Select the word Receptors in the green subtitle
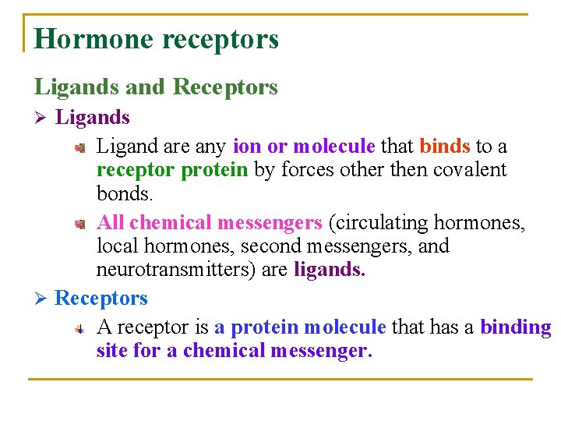tap(225, 87)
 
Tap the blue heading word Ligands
tap(92, 119)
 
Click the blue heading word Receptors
tap(101, 299)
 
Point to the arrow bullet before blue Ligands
tap(43, 119)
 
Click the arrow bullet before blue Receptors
tap(43, 299)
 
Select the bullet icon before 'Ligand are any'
tap(79, 147)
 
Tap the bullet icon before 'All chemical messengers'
tap(79, 225)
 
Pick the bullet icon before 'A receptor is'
tap(79, 329)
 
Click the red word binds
tap(445, 146)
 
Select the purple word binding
tap(516, 327)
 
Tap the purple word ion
tap(247, 146)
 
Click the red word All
tap(111, 223)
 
